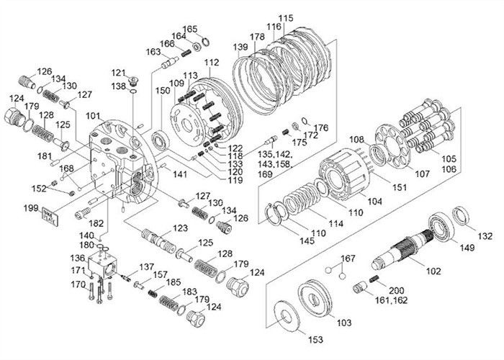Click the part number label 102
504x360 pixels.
(x=434, y=272)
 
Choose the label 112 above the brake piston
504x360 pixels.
(x=210, y=64)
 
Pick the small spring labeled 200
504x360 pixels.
(x=374, y=279)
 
